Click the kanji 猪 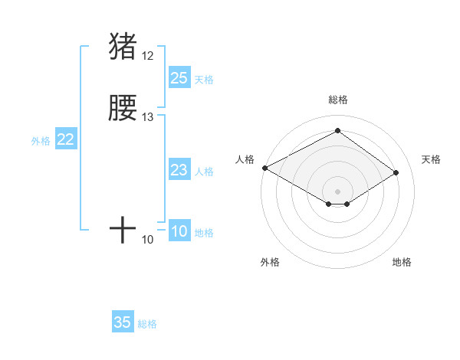123,46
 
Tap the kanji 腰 123,109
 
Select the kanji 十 123,229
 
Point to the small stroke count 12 148,56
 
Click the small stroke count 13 148,117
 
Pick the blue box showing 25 179,78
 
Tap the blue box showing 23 179,171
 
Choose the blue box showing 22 66,140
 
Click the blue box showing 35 123,322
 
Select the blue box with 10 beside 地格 179,232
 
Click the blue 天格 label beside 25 204,80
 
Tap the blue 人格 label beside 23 204,172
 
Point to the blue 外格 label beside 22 41,141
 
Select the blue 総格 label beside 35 147,324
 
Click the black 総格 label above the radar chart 337,100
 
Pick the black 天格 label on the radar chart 431,159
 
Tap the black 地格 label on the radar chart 402,262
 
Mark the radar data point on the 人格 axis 264,168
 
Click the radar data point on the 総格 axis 337,131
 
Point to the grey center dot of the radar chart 337,190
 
